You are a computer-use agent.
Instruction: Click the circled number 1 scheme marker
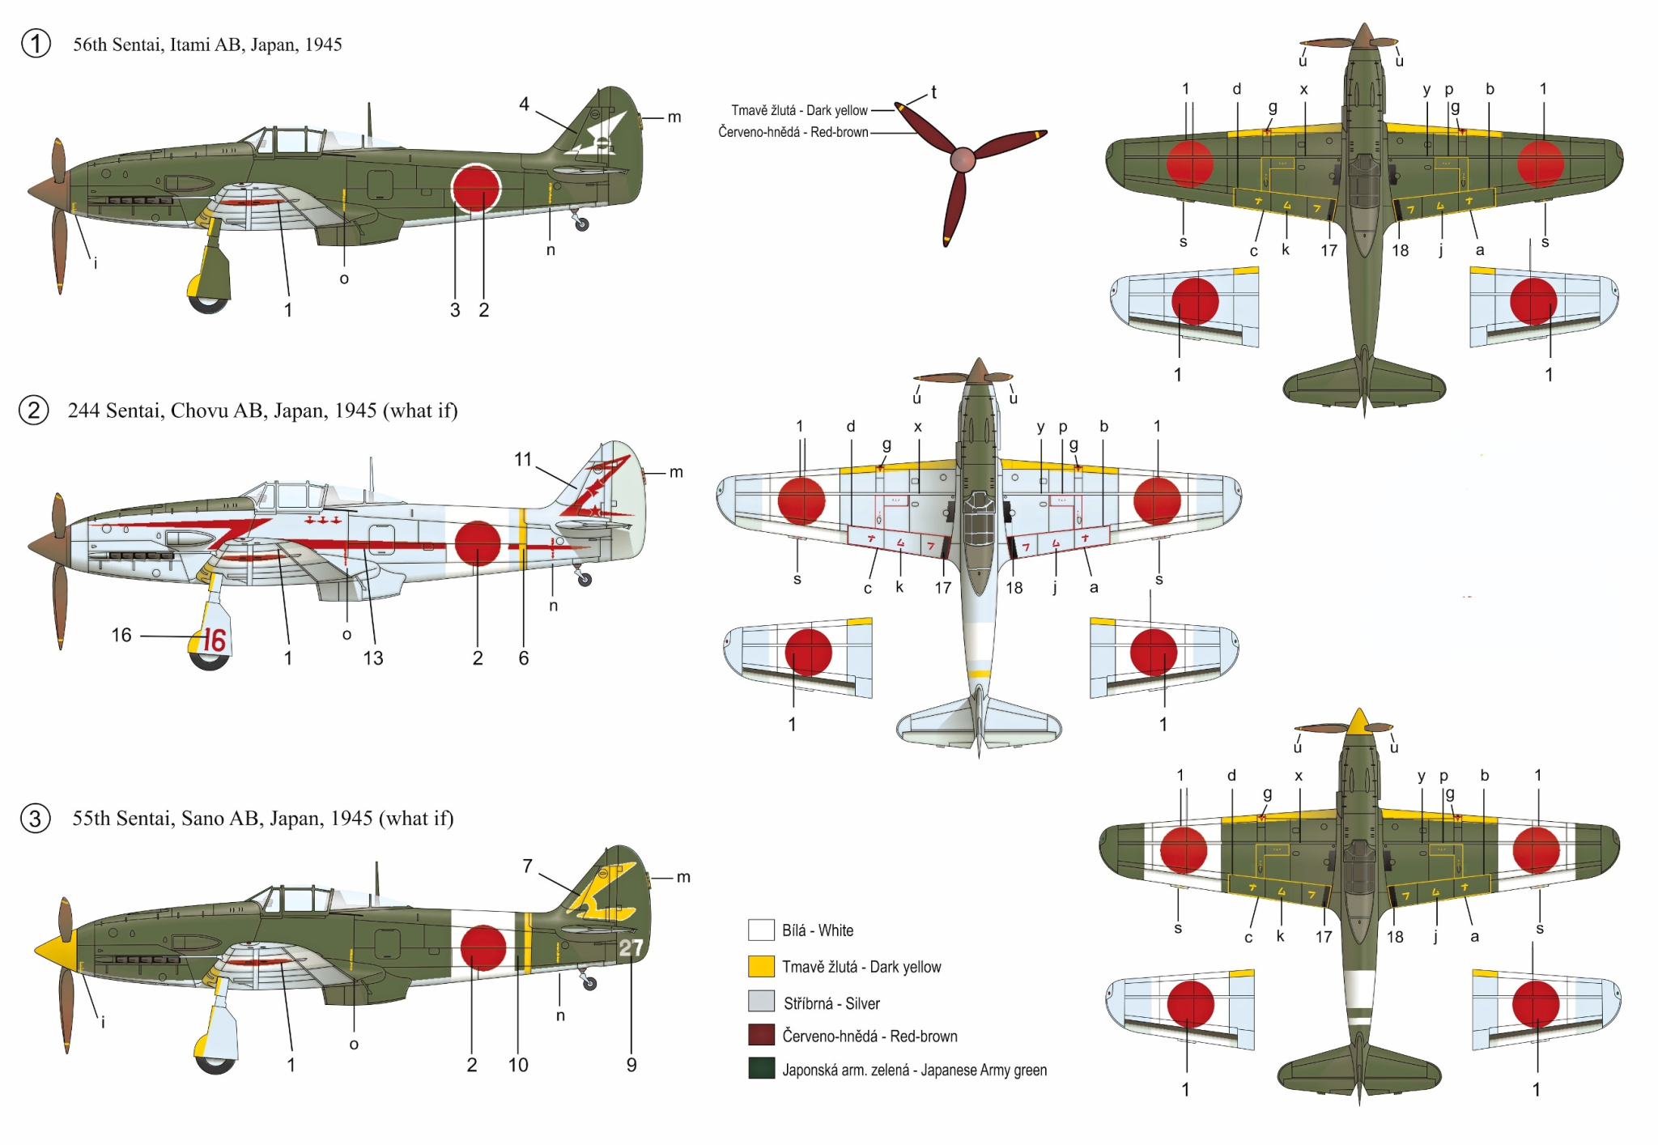click(x=36, y=44)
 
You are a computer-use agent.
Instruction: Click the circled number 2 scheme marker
click(x=34, y=411)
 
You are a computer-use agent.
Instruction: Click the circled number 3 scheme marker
click(x=35, y=819)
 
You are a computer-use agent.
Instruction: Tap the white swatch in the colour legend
click(x=761, y=930)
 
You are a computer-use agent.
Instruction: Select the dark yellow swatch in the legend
click(x=761, y=966)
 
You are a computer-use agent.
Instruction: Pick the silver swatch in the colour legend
click(x=761, y=1002)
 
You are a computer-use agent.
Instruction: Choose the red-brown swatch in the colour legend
click(x=761, y=1035)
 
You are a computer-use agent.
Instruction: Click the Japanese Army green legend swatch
click(x=761, y=1069)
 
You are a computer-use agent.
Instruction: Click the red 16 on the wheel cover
click(x=214, y=640)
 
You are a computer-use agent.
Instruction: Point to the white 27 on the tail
click(x=631, y=947)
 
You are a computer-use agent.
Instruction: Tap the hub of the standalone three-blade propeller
click(x=962, y=160)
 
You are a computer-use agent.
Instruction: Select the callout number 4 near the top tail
click(x=524, y=104)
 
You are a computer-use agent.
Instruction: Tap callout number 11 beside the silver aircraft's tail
click(x=523, y=459)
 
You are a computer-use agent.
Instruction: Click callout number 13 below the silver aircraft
click(x=372, y=658)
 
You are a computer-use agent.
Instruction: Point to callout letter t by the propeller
click(x=933, y=92)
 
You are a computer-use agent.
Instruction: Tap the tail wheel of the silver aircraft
click(x=585, y=580)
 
